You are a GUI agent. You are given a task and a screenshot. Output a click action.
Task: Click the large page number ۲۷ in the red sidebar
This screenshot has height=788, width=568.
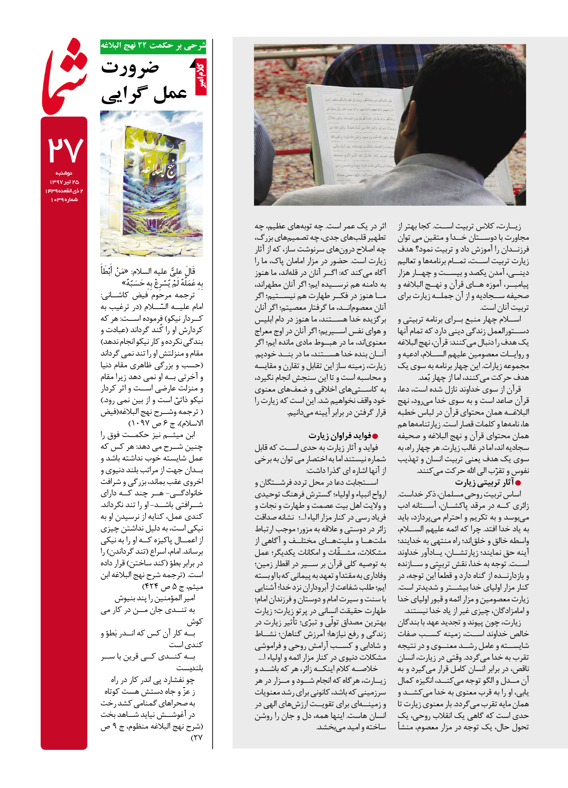[x=65, y=150]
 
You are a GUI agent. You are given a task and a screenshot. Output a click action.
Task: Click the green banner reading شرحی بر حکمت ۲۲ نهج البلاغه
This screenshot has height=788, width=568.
[x=153, y=46]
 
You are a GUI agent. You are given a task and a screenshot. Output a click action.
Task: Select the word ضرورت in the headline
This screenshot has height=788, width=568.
[x=130, y=68]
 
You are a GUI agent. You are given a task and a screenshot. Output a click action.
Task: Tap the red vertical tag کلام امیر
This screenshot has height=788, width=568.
[x=201, y=77]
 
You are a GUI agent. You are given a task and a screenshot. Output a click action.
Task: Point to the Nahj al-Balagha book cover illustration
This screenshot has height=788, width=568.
[x=151, y=183]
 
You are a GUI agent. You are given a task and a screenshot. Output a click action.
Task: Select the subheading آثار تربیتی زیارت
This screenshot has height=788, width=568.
[x=484, y=482]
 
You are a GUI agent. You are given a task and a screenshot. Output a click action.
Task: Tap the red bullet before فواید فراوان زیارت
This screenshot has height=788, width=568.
[x=375, y=436]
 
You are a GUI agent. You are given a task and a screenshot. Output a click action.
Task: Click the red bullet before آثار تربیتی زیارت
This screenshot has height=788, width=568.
[x=518, y=483]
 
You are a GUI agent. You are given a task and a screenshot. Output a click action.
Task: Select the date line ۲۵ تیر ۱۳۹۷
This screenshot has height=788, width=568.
[x=64, y=182]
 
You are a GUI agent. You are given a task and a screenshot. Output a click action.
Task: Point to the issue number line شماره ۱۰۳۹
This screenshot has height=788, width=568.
[x=64, y=200]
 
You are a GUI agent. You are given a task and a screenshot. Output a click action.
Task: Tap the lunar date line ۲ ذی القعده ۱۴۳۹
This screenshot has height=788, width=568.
[x=64, y=191]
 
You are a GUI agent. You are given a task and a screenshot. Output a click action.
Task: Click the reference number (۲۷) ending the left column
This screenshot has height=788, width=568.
[x=197, y=738]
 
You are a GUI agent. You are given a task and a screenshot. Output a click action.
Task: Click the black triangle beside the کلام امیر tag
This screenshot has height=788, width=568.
[x=193, y=64]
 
